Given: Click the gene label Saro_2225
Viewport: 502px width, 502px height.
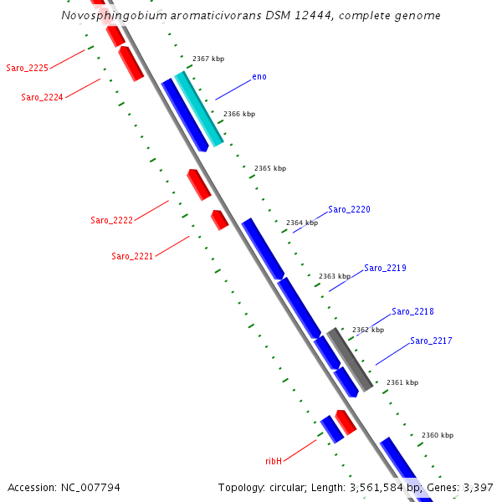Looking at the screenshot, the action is click(x=27, y=68).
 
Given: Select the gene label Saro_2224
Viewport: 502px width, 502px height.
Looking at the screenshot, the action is click(x=42, y=97).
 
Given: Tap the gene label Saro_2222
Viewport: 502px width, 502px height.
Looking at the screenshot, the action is click(x=111, y=220).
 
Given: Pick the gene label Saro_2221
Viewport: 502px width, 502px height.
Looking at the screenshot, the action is click(x=132, y=256).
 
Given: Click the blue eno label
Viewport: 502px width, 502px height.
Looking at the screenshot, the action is click(x=259, y=77).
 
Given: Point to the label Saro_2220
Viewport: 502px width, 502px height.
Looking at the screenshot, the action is click(x=349, y=209).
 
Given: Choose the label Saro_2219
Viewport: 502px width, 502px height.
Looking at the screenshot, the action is click(x=385, y=268).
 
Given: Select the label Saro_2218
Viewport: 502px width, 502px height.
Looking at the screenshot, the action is click(x=412, y=311).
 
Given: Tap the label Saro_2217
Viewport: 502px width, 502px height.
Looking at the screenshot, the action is click(x=431, y=341).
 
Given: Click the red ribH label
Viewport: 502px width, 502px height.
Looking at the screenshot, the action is click(x=274, y=460).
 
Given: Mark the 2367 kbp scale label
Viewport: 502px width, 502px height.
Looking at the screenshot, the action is click(x=208, y=59).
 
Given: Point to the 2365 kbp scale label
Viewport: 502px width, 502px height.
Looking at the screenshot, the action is click(x=270, y=168).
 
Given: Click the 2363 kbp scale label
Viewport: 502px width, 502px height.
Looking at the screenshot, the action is click(x=335, y=276).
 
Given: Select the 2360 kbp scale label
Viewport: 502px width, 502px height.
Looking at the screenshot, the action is click(x=438, y=435).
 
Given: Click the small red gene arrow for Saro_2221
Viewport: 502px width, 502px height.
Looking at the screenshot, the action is click(x=219, y=219).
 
